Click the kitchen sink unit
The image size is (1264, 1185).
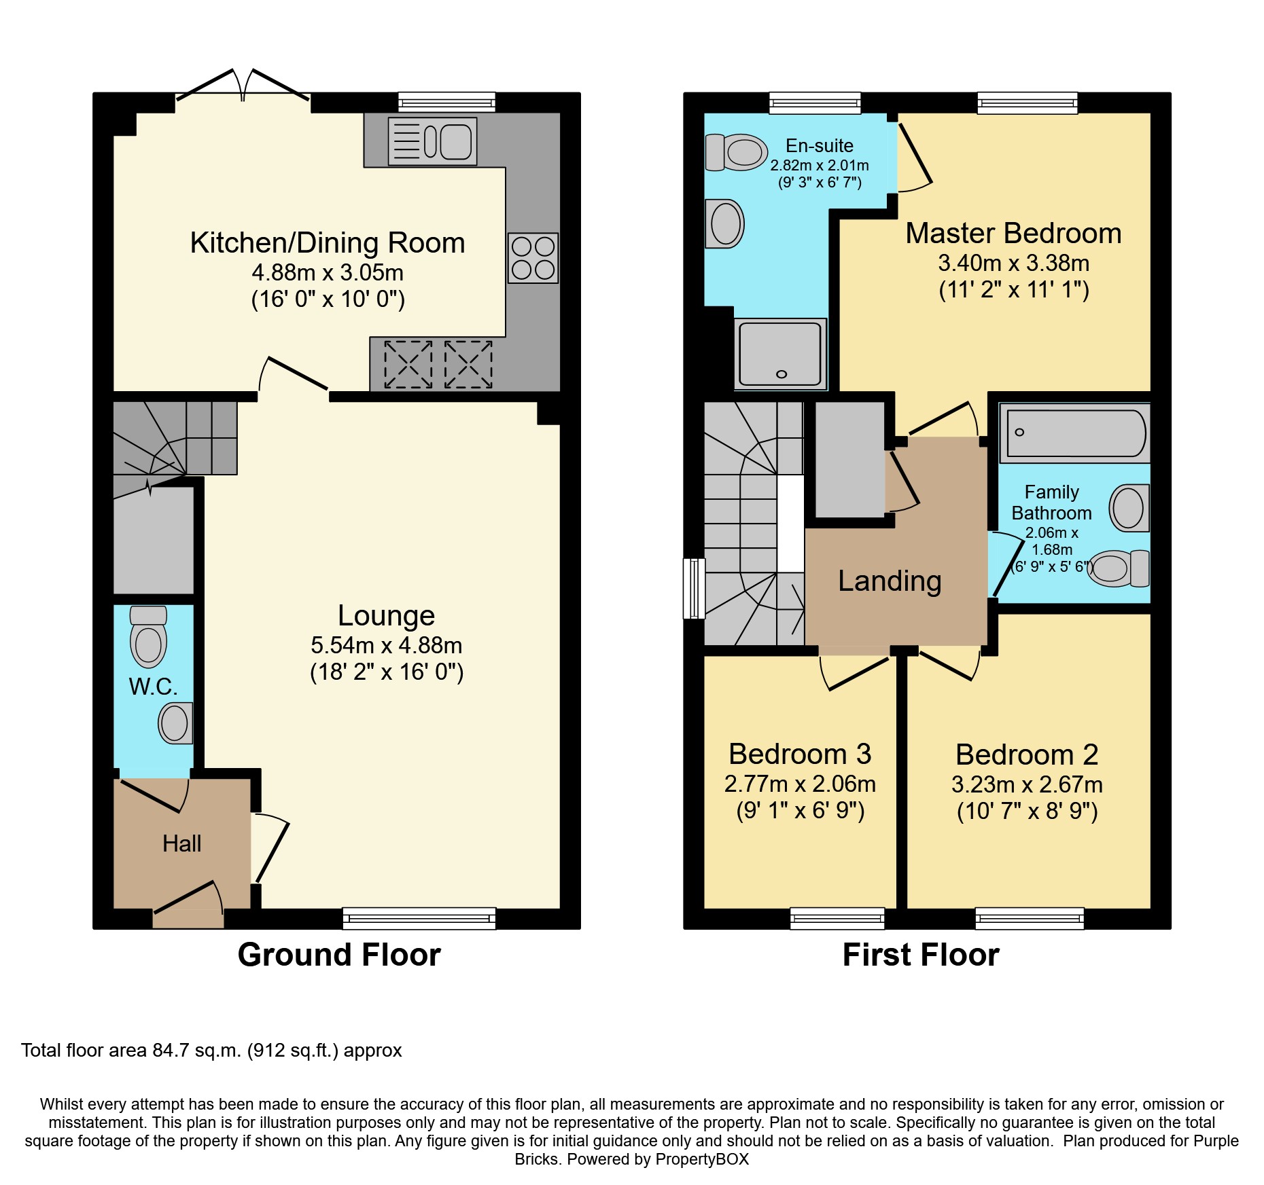coord(432,142)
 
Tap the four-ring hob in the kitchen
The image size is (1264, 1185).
coord(533,258)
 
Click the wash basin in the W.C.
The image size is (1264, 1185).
coord(175,723)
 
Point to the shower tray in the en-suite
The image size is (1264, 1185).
coord(780,354)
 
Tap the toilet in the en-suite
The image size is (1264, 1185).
coord(736,152)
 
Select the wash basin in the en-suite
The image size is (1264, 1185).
coord(724,223)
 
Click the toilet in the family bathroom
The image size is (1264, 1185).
coord(1118,568)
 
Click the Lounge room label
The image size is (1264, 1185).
coord(386,615)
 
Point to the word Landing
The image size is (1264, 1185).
coord(890,581)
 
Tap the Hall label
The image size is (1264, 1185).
coord(181,843)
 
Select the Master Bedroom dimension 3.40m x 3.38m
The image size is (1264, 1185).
coord(1013,263)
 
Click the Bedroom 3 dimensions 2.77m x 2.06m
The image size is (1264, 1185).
coord(800,784)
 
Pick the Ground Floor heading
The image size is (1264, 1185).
coord(339,954)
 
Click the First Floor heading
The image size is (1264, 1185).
coord(920,954)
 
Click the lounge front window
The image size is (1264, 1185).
coord(419,919)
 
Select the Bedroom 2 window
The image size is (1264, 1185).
coord(1029,919)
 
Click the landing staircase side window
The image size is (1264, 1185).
coord(694,588)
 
